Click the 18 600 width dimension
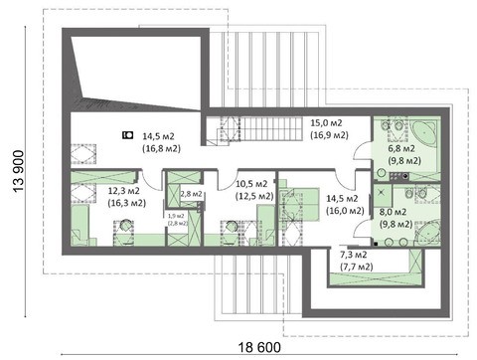pyautogui.click(x=259, y=347)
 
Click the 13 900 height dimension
pyautogui.click(x=19, y=171)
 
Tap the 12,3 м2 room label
pyautogui.click(x=123, y=191)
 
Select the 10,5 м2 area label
pyautogui.click(x=251, y=184)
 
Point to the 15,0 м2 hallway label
pyautogui.click(x=326, y=122)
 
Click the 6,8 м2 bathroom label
pyautogui.click(x=401, y=148)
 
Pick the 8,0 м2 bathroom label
pyautogui.click(x=393, y=212)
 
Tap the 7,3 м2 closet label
pyautogui.click(x=354, y=255)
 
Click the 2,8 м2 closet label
pyautogui.click(x=191, y=194)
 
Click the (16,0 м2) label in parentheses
pyautogui.click(x=345, y=211)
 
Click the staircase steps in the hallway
pyautogui.click(x=272, y=129)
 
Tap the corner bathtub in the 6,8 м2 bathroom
pyautogui.click(x=424, y=132)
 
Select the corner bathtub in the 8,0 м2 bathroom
pyautogui.click(x=427, y=233)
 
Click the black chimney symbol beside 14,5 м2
pyautogui.click(x=127, y=135)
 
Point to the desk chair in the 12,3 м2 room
pyautogui.click(x=126, y=226)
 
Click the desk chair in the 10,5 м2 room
pyautogui.click(x=231, y=227)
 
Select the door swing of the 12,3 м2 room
pyautogui.click(x=149, y=182)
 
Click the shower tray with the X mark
pyautogui.click(x=383, y=192)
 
